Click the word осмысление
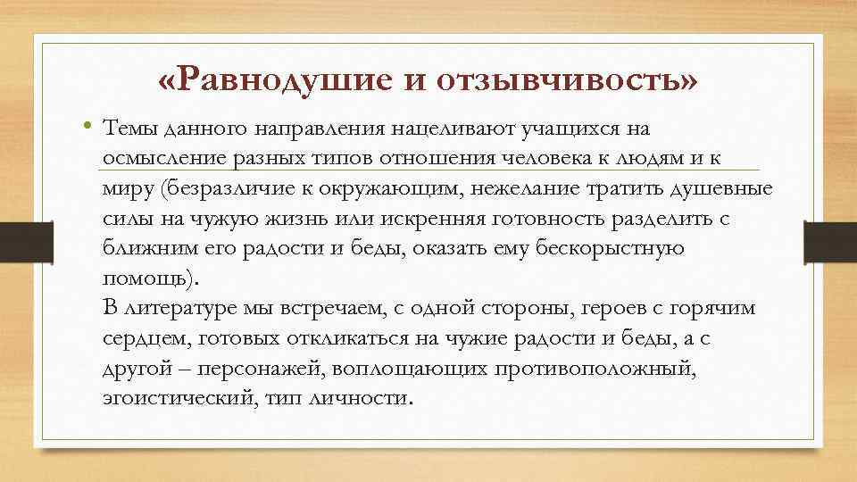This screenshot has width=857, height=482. (157, 158)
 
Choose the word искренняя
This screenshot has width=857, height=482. (437, 219)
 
